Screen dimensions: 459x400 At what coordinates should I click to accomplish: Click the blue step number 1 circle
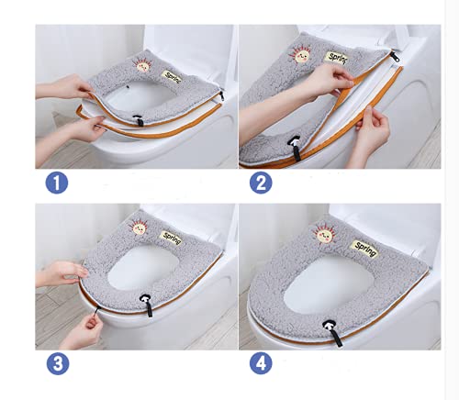pyautogui.click(x=57, y=183)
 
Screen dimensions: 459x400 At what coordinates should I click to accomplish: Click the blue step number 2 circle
pyautogui.click(x=261, y=183)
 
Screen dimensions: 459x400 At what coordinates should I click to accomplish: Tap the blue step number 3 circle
pyautogui.click(x=58, y=363)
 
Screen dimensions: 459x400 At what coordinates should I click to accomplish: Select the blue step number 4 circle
pyautogui.click(x=261, y=363)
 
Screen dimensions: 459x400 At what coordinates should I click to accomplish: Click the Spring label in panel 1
pyautogui.click(x=172, y=76)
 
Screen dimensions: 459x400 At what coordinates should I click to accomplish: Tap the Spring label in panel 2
pyautogui.click(x=336, y=58)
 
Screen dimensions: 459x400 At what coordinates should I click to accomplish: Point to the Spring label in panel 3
pyautogui.click(x=172, y=238)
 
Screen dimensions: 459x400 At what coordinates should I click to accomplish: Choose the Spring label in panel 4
pyautogui.click(x=364, y=249)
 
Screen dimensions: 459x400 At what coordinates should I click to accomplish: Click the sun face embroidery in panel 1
pyautogui.click(x=141, y=65)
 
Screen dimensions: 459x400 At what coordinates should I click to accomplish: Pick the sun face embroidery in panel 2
pyautogui.click(x=299, y=55)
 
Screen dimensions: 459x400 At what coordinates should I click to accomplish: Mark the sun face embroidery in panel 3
pyautogui.click(x=139, y=228)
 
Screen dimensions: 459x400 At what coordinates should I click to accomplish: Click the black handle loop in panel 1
pyautogui.click(x=139, y=119)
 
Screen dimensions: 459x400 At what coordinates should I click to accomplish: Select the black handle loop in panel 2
pyautogui.click(x=295, y=148)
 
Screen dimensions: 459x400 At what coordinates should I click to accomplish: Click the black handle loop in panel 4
pyautogui.click(x=333, y=332)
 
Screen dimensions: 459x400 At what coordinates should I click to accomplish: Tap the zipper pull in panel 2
pyautogui.click(x=395, y=57)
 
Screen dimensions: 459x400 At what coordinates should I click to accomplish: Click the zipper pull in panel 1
pyautogui.click(x=221, y=95)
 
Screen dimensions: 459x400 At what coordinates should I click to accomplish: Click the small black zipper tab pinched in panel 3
pyautogui.click(x=98, y=309)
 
